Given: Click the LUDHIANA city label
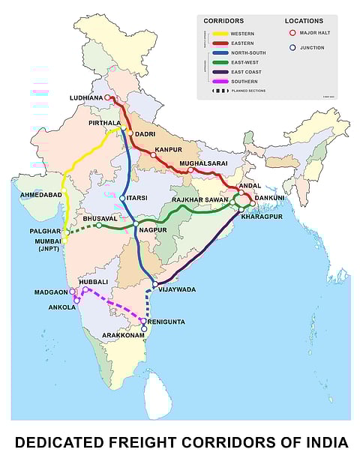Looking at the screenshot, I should tap(85, 98).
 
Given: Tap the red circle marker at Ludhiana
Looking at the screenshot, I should tap(108, 97).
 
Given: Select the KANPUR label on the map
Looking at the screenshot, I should tap(169, 150).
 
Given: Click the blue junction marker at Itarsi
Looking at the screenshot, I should tap(122, 198).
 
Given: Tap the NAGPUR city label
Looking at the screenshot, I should tap(151, 229).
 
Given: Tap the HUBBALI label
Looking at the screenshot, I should tap(94, 282).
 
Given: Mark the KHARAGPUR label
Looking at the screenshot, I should tap(262, 216).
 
